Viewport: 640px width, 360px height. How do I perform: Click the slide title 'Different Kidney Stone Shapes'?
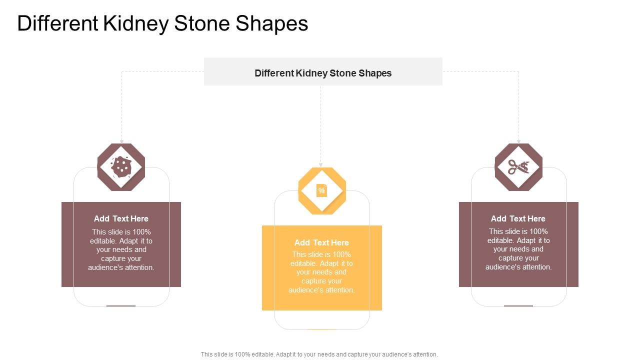tap(162, 23)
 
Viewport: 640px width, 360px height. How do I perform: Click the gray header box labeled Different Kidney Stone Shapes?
tap(323, 71)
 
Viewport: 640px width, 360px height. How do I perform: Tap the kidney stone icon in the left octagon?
tap(121, 167)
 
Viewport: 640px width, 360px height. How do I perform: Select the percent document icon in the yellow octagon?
tap(321, 190)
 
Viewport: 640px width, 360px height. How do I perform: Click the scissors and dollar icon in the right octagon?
tap(518, 167)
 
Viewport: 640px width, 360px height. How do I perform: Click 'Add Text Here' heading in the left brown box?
tap(121, 218)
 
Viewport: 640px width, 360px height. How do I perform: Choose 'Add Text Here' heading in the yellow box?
tap(321, 242)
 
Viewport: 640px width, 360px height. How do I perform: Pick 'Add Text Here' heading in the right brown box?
tap(518, 218)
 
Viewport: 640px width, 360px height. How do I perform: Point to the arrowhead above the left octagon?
tap(121, 142)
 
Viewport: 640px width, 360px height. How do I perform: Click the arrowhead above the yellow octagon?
tap(321, 165)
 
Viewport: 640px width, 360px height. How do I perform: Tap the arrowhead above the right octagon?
tap(518, 142)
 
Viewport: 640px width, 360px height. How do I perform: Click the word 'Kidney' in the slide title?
tap(135, 23)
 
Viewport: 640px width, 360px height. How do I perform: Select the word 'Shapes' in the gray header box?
tap(375, 73)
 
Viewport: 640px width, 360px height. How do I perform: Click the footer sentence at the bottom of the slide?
tap(319, 354)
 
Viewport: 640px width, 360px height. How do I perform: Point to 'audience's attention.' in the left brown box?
tap(121, 267)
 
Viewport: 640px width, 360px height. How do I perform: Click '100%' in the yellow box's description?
tap(341, 254)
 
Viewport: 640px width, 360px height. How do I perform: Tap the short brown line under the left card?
tap(121, 305)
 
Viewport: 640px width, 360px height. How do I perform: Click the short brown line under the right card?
tap(518, 305)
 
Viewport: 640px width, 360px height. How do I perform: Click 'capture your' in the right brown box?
tap(518, 258)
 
